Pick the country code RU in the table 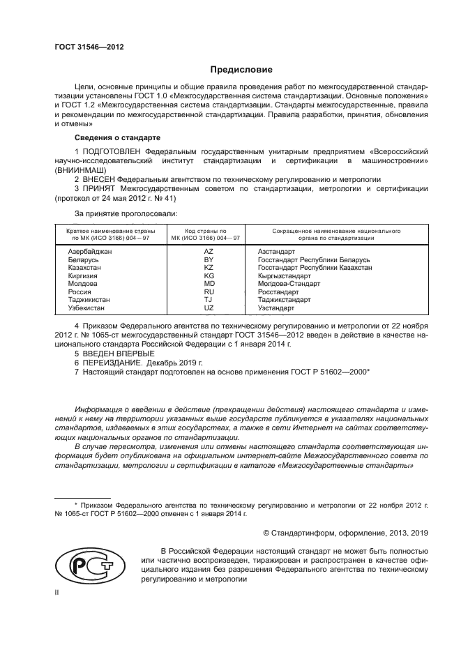(x=208, y=292)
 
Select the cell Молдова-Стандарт (x=289, y=284)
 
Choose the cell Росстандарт (x=279, y=292)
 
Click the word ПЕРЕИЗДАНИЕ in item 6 (x=113, y=363)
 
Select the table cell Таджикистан (x=89, y=301)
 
